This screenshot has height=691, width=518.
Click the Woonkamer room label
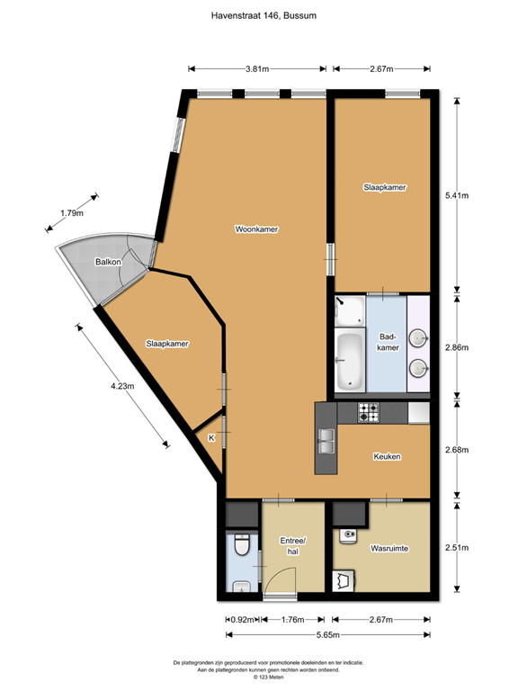[256, 229]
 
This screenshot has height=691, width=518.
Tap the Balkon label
[108, 262]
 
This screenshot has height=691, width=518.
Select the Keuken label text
[388, 456]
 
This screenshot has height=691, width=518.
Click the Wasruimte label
[389, 549]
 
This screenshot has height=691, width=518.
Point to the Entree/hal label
[293, 546]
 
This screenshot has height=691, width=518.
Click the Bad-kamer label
[388, 343]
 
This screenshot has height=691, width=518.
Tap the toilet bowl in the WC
[241, 544]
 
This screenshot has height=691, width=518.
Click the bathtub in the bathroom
[350, 361]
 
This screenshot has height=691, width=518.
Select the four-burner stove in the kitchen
[368, 413]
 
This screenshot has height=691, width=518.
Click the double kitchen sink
[326, 441]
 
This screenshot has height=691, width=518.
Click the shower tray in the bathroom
[350, 311]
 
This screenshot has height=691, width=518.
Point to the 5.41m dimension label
[457, 195]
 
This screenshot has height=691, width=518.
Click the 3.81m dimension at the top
[257, 68]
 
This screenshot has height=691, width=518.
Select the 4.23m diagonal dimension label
[122, 386]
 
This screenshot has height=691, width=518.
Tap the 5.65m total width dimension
[327, 634]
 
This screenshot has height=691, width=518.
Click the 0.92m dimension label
[243, 620]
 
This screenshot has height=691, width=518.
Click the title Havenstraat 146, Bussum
[263, 15]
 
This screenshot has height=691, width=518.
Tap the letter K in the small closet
[211, 438]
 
